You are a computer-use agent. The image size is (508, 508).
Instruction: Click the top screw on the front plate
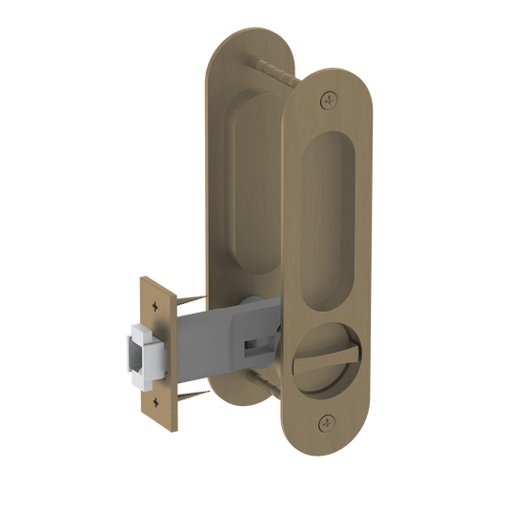point(330,97)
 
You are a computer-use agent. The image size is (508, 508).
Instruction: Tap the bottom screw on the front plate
point(329,420)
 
